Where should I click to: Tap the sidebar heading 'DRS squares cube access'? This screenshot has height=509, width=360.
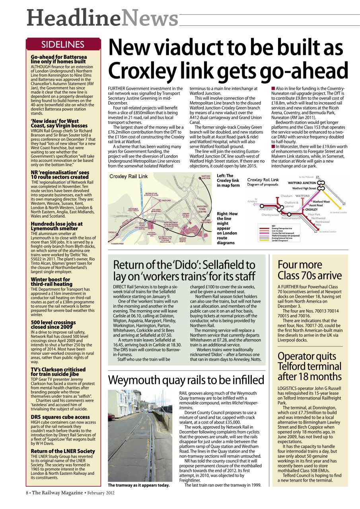click(x=60, y=417)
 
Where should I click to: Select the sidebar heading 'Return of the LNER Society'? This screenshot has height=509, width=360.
click(x=63, y=451)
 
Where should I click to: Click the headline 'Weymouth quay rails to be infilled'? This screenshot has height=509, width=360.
click(x=186, y=380)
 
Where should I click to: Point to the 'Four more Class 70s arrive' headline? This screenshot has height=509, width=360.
click(x=309, y=270)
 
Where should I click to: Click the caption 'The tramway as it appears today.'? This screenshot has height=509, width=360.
click(x=139, y=485)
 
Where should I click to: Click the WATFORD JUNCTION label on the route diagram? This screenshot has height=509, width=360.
click(x=302, y=183)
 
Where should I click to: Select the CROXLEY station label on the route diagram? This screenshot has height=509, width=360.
click(x=311, y=209)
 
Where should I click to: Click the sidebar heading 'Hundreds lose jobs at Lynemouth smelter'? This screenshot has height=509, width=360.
click(x=56, y=226)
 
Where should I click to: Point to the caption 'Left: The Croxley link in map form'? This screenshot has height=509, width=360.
click(x=228, y=181)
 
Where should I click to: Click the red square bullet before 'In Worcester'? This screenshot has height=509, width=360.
click(x=273, y=147)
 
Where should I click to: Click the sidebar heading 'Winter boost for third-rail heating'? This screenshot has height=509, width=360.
click(x=51, y=282)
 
